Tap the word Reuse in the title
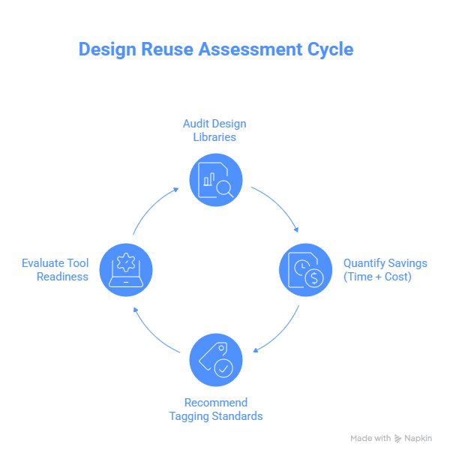tap(166, 49)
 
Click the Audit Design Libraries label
tap(214, 130)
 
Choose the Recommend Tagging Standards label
tap(216, 409)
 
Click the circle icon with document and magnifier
tap(216, 181)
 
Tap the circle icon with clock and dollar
tap(305, 269)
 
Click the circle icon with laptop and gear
tap(126, 269)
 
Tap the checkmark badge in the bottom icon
tap(223, 367)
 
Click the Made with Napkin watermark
tap(391, 438)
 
